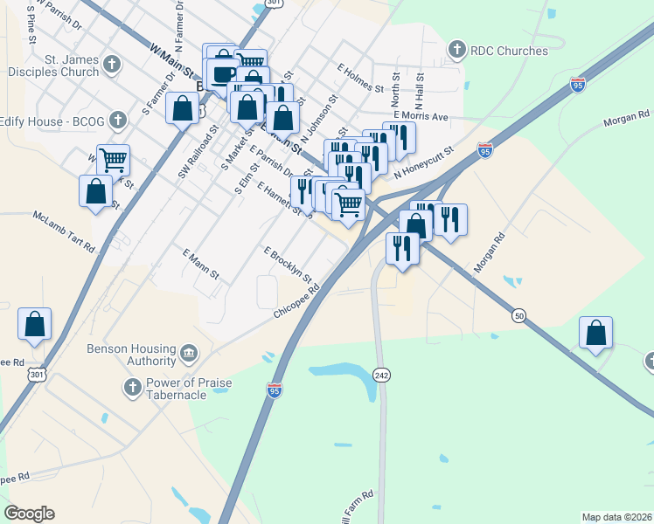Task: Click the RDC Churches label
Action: [509, 51]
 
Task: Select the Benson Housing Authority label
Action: [131, 354]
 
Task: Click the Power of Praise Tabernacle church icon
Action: [132, 386]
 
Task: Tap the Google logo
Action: [29, 514]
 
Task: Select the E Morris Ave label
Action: [420, 116]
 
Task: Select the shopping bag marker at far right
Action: [595, 333]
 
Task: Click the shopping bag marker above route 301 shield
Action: [34, 323]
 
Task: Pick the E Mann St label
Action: [200, 264]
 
